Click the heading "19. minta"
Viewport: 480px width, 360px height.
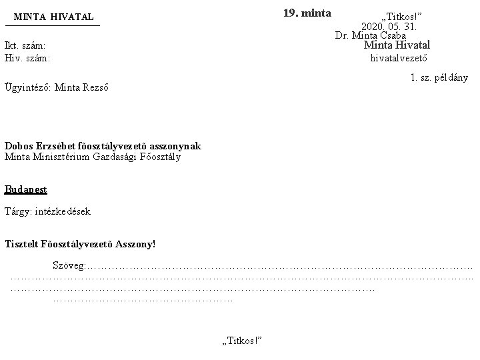pos(307,13)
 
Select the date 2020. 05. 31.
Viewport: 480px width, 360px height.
pos(389,26)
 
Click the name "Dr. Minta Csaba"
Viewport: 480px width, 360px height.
pos(371,35)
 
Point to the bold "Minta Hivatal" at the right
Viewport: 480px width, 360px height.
pos(397,45)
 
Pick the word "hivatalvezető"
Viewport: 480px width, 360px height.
pos(399,58)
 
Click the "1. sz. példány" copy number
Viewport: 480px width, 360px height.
pos(439,78)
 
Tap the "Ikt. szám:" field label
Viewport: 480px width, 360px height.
pos(25,45)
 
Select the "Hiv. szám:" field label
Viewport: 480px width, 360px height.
pos(27,58)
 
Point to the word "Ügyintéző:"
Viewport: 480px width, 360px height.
pos(27,87)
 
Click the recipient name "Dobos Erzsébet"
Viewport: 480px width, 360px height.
pos(39,146)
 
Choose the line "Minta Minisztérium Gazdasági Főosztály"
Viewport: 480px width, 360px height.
pos(92,157)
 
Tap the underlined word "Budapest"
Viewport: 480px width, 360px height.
pos(25,189)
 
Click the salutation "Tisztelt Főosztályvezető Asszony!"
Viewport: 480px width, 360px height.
pos(79,244)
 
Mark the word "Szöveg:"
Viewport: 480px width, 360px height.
pos(69,266)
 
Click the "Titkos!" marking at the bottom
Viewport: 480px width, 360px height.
pos(241,341)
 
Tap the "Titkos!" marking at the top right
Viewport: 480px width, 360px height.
pos(401,16)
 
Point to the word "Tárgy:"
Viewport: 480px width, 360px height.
pos(18,211)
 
